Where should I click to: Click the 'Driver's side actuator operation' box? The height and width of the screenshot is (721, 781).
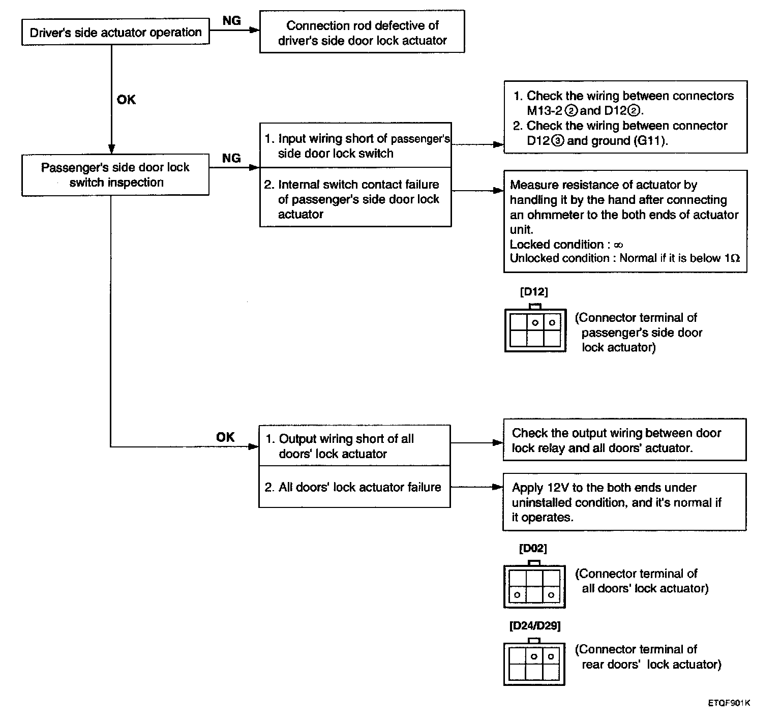pyautogui.click(x=115, y=33)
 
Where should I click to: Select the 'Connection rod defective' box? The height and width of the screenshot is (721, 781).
pyautogui.click(x=362, y=32)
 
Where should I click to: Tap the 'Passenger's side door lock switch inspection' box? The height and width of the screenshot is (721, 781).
pyautogui.click(x=115, y=175)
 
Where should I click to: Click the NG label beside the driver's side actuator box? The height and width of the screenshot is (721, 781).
pyautogui.click(x=232, y=21)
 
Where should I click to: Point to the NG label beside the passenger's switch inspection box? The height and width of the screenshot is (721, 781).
pyautogui.click(x=232, y=158)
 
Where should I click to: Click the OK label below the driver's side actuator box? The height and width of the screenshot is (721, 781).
pyautogui.click(x=126, y=100)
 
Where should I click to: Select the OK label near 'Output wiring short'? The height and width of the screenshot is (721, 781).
pyautogui.click(x=226, y=437)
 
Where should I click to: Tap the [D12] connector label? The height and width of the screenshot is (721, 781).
pyautogui.click(x=534, y=292)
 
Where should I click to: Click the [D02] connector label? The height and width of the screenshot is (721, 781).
pyautogui.click(x=533, y=549)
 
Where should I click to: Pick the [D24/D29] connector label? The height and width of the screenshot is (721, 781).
pyautogui.click(x=535, y=626)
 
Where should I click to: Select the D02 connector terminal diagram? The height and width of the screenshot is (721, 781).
pyautogui.click(x=534, y=584)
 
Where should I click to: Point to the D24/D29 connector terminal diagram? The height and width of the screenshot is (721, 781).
pyautogui.click(x=534, y=662)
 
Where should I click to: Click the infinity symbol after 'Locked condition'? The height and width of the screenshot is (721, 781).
pyautogui.click(x=618, y=245)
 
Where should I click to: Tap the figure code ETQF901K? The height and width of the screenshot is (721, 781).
pyautogui.click(x=729, y=703)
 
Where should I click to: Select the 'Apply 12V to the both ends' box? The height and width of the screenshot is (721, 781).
pyautogui.click(x=624, y=502)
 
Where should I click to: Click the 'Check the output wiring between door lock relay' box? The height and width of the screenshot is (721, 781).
pyautogui.click(x=624, y=440)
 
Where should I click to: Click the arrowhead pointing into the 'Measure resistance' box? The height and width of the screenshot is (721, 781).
pyautogui.click(x=498, y=191)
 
